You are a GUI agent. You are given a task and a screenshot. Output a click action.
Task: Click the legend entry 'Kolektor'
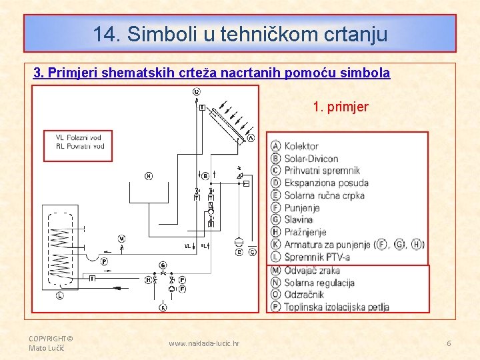pos(301,146)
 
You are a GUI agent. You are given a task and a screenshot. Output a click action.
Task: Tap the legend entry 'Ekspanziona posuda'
pos(326,183)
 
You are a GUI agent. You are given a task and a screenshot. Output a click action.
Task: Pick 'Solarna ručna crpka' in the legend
pos(324,195)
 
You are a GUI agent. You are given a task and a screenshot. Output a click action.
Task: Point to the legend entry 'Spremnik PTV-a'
pos(317,257)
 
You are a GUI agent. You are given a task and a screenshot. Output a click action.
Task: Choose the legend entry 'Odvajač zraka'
pos(312,270)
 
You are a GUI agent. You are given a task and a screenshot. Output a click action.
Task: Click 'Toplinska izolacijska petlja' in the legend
pos(336,307)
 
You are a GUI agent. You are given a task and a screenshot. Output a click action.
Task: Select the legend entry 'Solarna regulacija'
pos(319,282)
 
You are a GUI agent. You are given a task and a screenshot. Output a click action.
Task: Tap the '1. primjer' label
pos(341,107)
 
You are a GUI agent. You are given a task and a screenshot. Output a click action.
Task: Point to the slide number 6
pos(449,343)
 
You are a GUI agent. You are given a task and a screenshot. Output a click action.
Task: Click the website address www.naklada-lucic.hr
pos(204,343)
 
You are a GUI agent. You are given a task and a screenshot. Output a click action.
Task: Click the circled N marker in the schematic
pos(148,176)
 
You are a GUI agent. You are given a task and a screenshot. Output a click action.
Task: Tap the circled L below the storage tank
pos(59,295)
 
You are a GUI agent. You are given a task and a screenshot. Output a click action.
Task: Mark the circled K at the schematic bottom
pos(163,307)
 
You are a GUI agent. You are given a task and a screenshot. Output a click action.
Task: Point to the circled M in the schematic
pos(121,238)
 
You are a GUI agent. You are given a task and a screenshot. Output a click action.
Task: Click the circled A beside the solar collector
pos(251,138)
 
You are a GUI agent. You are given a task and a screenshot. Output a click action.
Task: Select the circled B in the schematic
pos(205,176)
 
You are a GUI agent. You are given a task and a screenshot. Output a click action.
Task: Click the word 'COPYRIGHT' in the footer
pos(47,338)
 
